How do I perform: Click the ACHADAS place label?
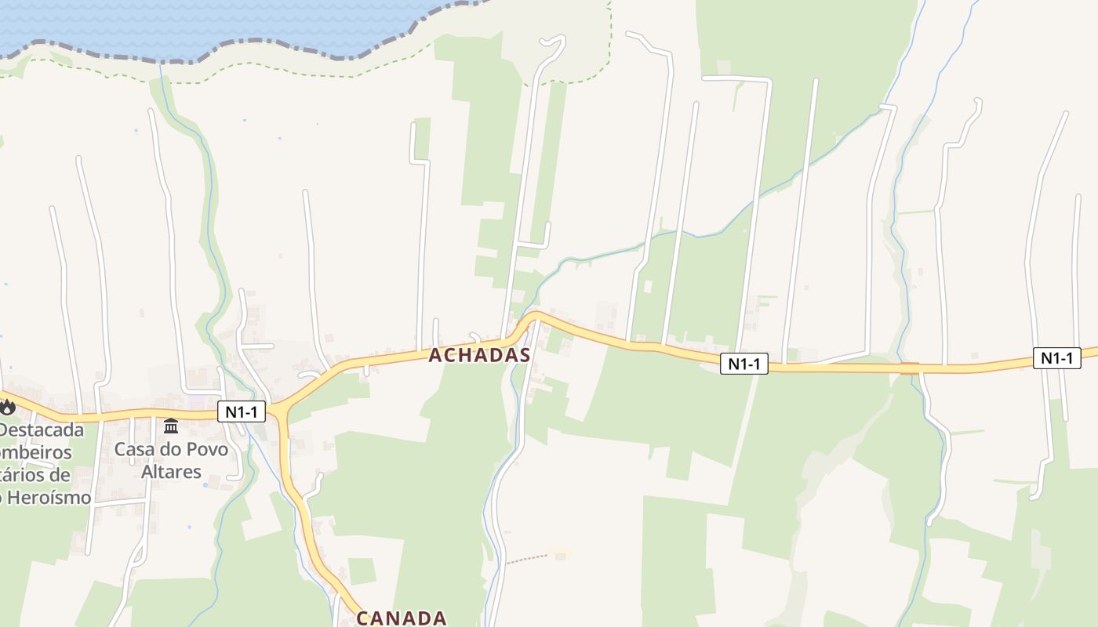479,355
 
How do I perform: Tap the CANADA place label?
402,618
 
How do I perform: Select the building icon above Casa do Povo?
171,426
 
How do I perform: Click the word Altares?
171,472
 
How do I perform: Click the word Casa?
133,450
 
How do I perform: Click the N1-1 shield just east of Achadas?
744,364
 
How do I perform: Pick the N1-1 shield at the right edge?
1056,358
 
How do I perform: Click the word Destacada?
42,430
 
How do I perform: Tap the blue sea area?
196,20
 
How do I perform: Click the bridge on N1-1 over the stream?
910,368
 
